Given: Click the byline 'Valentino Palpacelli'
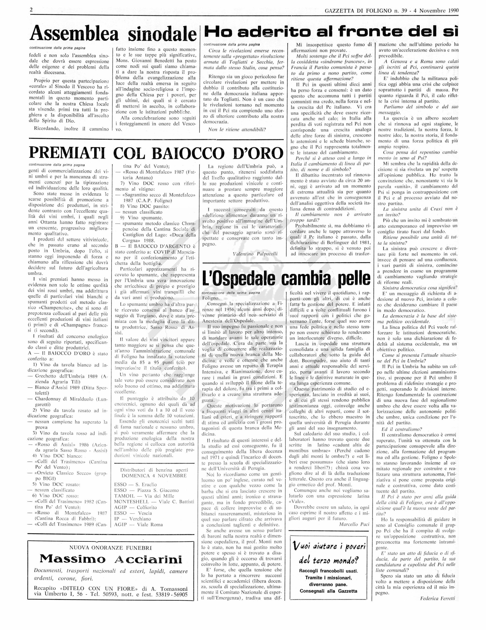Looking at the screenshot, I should [x=255, y=254].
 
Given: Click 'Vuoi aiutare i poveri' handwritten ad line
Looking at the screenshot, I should [x=329, y=546].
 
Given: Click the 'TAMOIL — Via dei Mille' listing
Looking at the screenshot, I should [x=144, y=496].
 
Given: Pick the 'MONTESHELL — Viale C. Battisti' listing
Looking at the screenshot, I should [x=154, y=502].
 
